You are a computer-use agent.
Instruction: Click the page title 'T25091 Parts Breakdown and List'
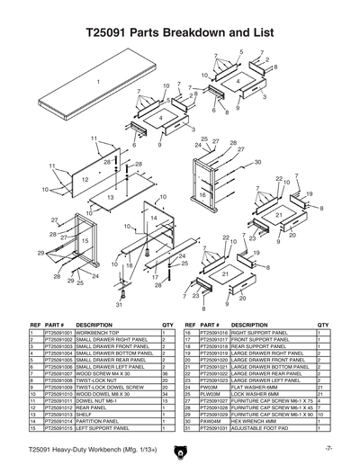(180, 31)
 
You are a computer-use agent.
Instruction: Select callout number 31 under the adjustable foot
(118, 305)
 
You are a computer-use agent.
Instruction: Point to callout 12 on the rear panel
(85, 180)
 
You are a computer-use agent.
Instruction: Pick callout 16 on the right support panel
(202, 194)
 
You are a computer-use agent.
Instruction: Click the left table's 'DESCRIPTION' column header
(94, 324)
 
